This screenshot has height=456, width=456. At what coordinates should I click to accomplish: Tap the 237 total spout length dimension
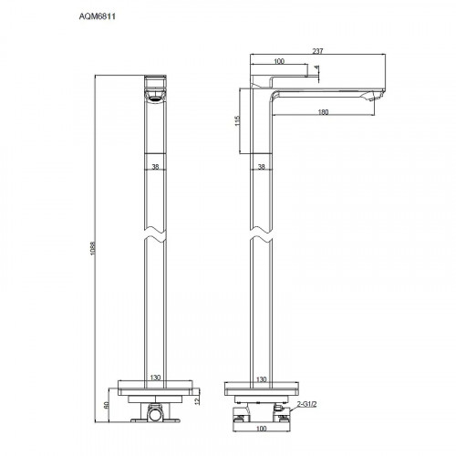pyautogui.click(x=318, y=51)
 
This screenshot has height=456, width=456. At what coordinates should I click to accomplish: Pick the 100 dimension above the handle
pyautogui.click(x=278, y=63)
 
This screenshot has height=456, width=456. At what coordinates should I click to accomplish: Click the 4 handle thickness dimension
pyautogui.click(x=316, y=68)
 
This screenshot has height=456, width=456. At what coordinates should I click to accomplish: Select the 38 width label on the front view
pyautogui.click(x=155, y=167)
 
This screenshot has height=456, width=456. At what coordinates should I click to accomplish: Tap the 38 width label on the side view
pyautogui.click(x=261, y=167)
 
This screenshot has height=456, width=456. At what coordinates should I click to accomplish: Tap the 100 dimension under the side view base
pyautogui.click(x=263, y=429)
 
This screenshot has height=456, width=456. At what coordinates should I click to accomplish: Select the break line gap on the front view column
pyautogui.click(x=155, y=235)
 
